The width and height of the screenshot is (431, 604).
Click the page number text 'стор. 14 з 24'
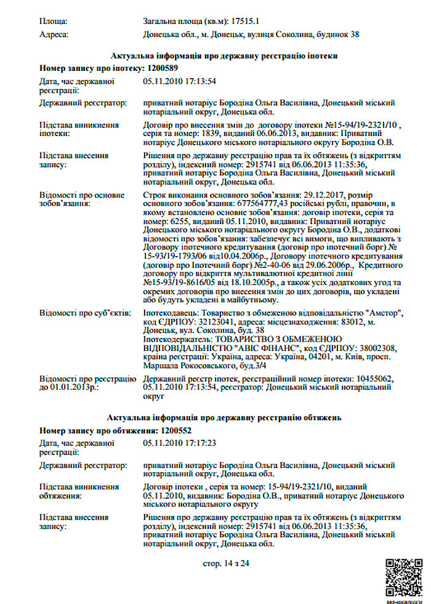click(226, 563)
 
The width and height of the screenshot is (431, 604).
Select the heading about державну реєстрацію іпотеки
click(222, 55)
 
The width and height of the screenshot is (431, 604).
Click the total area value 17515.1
click(249, 21)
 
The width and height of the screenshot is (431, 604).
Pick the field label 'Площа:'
click(54, 21)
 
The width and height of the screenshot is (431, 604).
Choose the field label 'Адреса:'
click(54, 34)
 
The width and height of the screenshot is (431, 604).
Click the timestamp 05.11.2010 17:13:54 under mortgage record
click(179, 81)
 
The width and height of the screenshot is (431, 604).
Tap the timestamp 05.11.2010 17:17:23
click(179, 443)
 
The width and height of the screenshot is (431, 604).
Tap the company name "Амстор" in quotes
click(384, 313)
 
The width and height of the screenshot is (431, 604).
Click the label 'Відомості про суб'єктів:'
click(84, 314)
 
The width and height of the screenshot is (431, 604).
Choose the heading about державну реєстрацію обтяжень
click(221, 419)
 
